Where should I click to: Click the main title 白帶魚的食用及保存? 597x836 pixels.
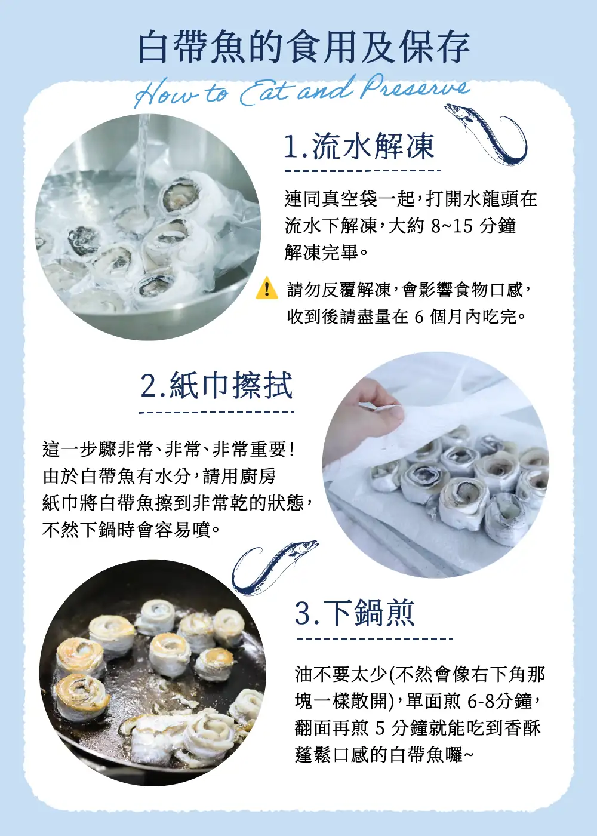pyautogui.click(x=304, y=48)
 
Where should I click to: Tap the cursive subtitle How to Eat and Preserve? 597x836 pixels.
pyautogui.click(x=302, y=91)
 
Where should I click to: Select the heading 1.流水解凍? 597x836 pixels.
pyautogui.click(x=359, y=146)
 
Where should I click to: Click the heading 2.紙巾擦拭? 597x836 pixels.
pyautogui.click(x=216, y=386)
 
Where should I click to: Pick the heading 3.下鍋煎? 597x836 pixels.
pyautogui.click(x=355, y=613)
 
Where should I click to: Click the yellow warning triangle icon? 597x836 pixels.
pyautogui.click(x=267, y=288)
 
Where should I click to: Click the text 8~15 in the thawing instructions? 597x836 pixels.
pyautogui.click(x=452, y=226)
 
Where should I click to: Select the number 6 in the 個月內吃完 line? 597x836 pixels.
pyautogui.click(x=419, y=317)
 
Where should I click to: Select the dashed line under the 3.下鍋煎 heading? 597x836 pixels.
pyautogui.click(x=374, y=638)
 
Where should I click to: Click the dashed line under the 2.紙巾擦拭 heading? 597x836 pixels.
pyautogui.click(x=216, y=413)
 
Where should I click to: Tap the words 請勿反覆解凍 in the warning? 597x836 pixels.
pyautogui.click(x=338, y=290)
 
